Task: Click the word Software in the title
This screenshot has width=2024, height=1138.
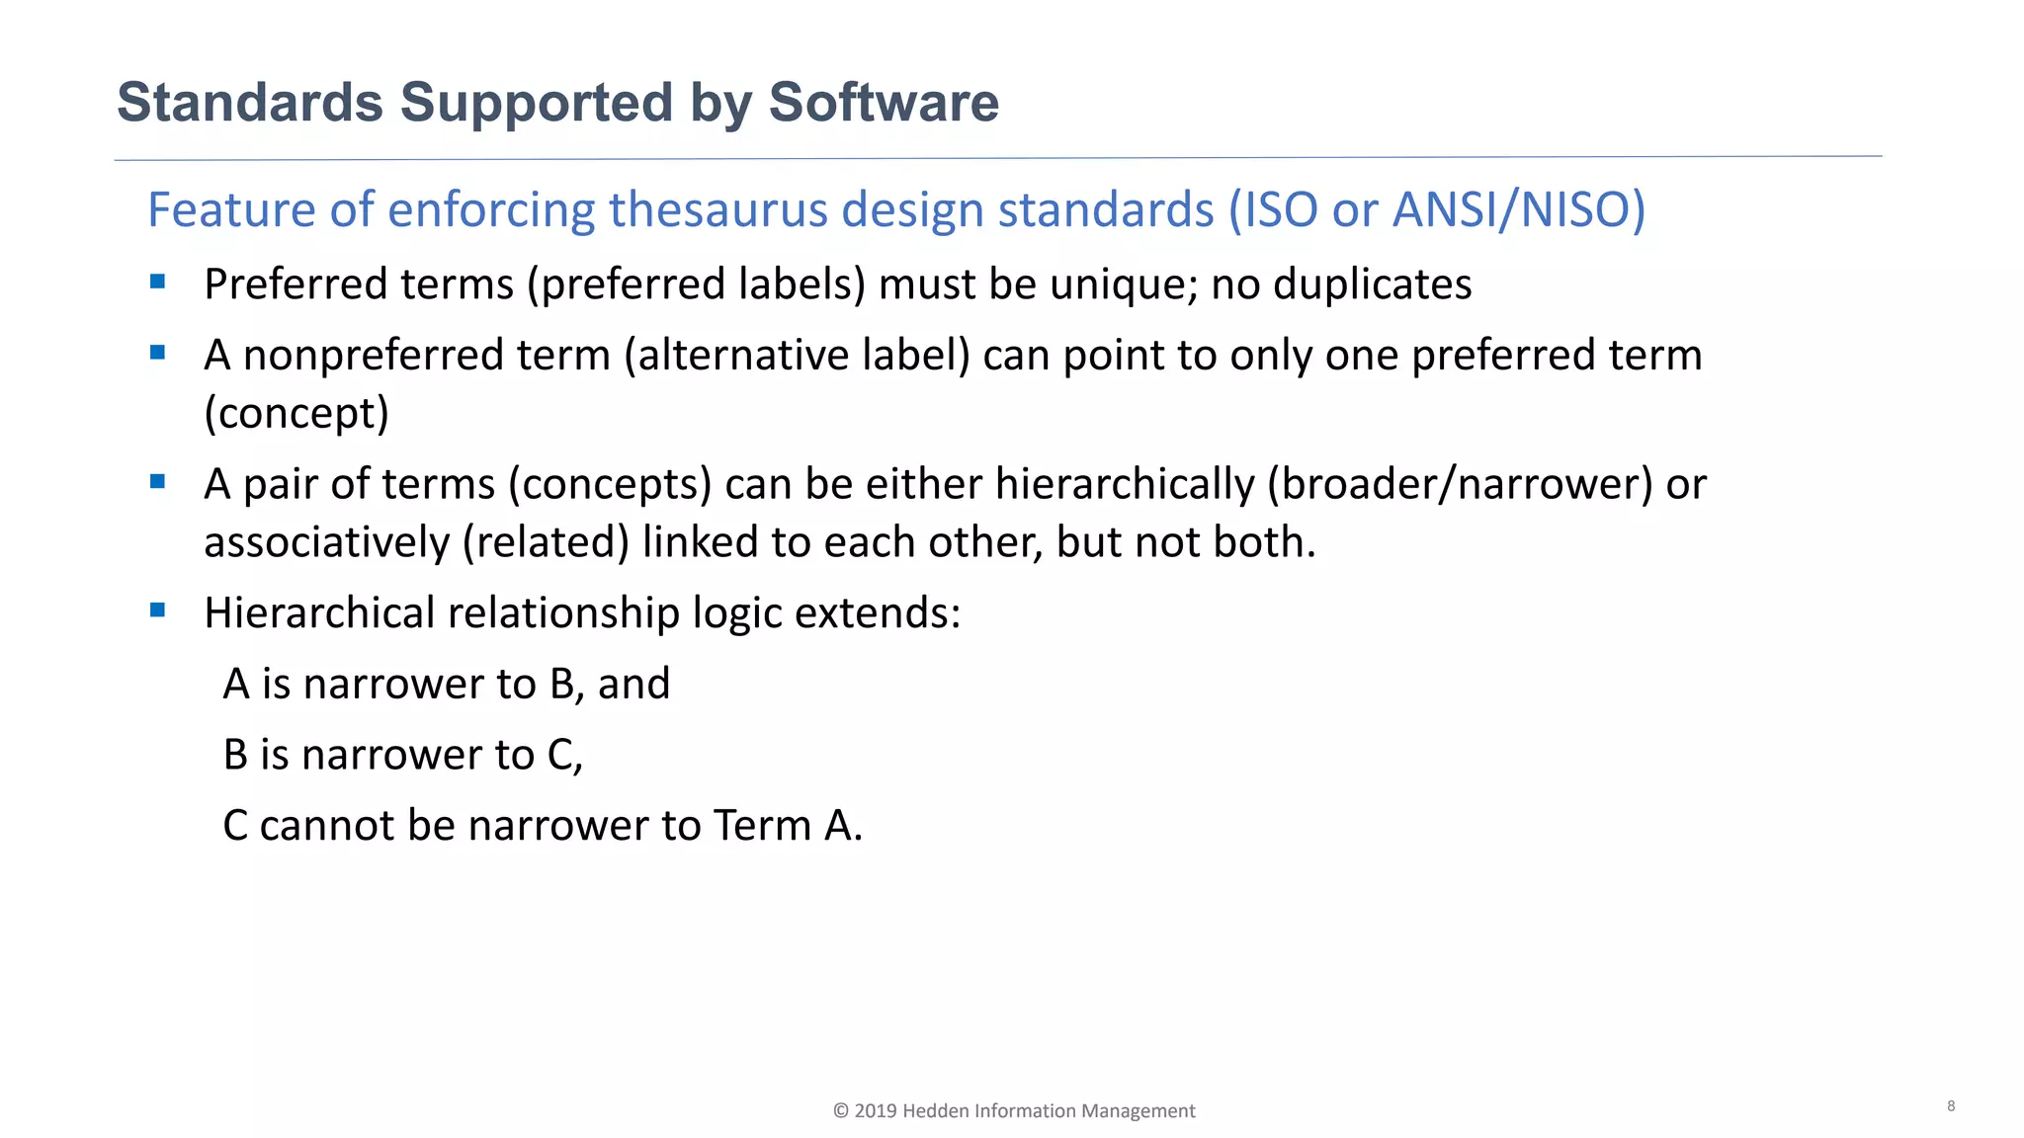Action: coord(884,103)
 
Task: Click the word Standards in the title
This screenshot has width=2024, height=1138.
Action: coord(250,103)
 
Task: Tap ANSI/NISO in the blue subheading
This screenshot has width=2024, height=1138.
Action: coord(1518,209)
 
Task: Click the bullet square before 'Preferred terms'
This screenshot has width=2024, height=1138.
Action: coord(158,282)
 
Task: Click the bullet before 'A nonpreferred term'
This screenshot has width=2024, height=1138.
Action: coord(158,353)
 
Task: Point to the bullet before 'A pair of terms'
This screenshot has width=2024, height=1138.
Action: coord(158,482)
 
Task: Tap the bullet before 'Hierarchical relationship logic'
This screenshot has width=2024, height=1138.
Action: coord(158,610)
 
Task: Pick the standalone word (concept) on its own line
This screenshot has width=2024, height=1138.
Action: coord(296,414)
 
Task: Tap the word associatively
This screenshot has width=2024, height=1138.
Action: coord(326,542)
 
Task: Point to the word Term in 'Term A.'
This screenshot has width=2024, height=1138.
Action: coord(762,826)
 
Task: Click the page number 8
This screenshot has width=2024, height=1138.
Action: coord(1951,1106)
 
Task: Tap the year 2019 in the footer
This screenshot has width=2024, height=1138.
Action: coord(876,1111)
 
